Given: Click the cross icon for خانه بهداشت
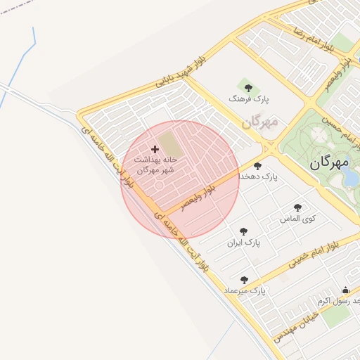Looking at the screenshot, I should [x=155, y=149].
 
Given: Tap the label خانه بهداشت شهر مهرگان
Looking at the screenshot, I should [x=155, y=165].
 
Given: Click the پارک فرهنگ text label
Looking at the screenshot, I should [x=244, y=100].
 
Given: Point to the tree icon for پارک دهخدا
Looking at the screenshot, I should [x=257, y=167].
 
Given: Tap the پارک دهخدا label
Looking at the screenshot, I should [x=259, y=176].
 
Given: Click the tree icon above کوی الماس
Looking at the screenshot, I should [x=297, y=207].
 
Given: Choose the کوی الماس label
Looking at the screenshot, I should [x=298, y=218].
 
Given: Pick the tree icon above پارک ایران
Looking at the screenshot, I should [x=243, y=231].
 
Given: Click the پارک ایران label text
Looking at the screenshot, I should [x=243, y=243].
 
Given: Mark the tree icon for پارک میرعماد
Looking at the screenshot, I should [x=244, y=279].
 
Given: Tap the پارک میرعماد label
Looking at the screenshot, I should [x=244, y=290].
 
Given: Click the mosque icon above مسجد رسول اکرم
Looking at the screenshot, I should [x=345, y=290].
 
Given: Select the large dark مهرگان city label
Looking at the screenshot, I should [x=328, y=162].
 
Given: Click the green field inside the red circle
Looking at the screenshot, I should [x=169, y=144].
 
